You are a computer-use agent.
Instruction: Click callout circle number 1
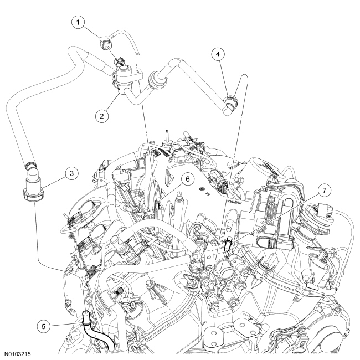pyautogui.click(x=79, y=23)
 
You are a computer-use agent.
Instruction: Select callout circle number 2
pyautogui.click(x=102, y=116)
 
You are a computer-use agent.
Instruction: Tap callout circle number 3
pyautogui.click(x=71, y=173)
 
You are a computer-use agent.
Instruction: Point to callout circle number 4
pyautogui.click(x=218, y=54)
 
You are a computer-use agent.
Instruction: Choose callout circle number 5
pyautogui.click(x=44, y=326)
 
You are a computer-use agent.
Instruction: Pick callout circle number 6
pyautogui.click(x=188, y=179)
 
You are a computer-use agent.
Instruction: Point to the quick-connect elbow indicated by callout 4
pyautogui.click(x=230, y=104)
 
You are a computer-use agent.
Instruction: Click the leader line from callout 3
pyautogui.click(x=54, y=182)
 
